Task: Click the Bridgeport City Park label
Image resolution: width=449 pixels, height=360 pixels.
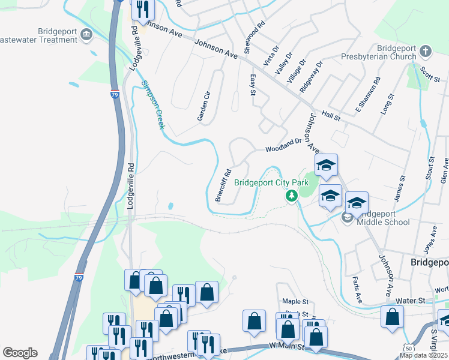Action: tap(271, 182)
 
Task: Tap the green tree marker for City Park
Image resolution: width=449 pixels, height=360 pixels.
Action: tap(292, 196)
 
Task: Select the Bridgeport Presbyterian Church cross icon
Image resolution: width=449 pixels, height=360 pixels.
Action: tap(425, 50)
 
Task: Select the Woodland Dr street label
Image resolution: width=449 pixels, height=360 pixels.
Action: tap(283, 145)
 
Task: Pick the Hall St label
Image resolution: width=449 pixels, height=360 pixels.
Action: tap(331, 115)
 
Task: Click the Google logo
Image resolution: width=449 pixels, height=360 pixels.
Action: tap(20, 352)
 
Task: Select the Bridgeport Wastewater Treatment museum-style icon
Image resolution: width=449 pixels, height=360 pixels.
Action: tap(86, 35)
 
